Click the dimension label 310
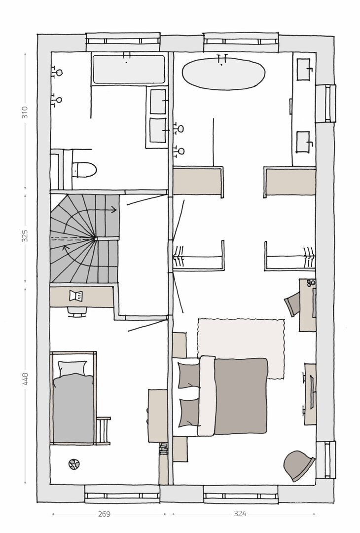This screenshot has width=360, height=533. (25, 113)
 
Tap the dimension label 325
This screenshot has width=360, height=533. (25, 236)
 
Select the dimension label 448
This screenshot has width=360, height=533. (25, 379)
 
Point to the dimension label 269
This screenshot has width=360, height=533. (104, 514)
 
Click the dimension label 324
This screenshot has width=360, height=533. (240, 514)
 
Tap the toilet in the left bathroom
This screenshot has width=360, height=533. (84, 169)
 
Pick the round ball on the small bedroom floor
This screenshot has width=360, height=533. (73, 464)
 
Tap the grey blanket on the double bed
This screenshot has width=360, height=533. (241, 396)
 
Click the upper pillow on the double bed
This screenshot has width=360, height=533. (189, 376)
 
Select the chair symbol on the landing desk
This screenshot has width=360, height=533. (76, 296)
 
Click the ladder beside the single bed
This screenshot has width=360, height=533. (103, 430)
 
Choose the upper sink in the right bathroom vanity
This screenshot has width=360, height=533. (304, 70)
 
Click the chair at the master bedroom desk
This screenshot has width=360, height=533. (292, 305)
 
